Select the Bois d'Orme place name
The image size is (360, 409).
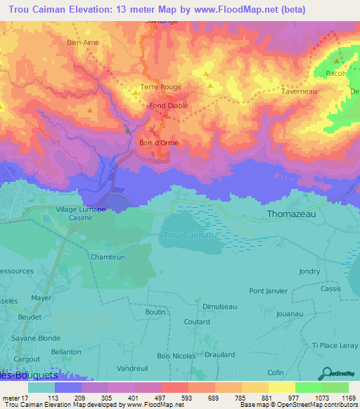tap(157, 143)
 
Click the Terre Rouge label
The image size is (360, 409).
tap(161, 87)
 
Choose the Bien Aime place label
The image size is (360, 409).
tap(83, 42)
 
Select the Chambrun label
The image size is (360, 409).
tap(108, 257)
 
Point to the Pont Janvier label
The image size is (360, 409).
tap(268, 290)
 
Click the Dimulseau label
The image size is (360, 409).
tap(219, 306)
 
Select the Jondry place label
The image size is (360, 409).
tap(309, 271)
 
